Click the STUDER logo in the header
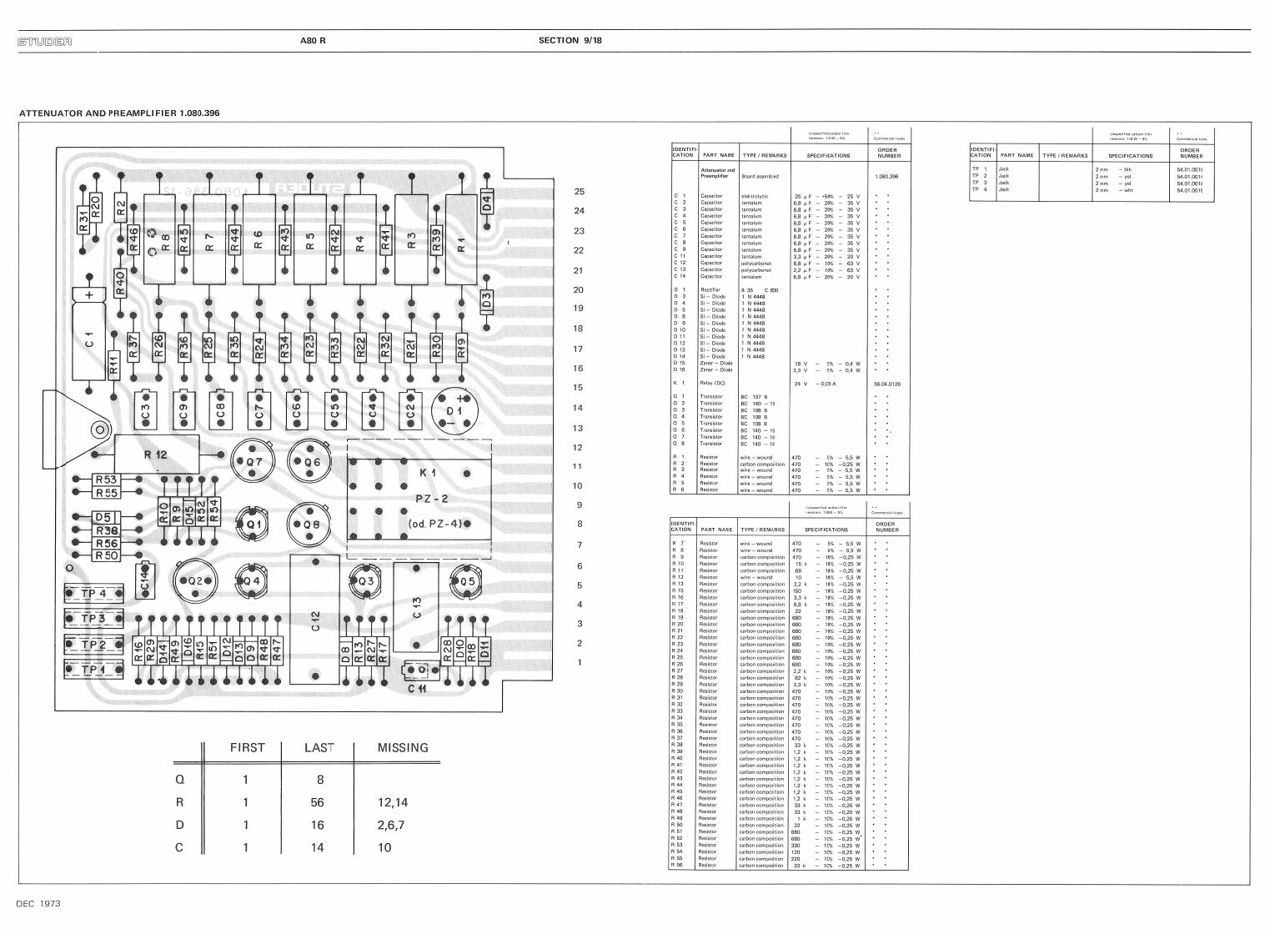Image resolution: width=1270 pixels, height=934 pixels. (x=44, y=40)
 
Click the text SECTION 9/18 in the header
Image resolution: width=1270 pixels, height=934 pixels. (x=570, y=40)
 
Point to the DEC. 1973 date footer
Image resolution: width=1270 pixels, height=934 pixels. (x=38, y=903)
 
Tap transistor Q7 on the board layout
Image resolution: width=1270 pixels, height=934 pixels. (x=253, y=462)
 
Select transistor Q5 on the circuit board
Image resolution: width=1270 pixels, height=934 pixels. (x=464, y=581)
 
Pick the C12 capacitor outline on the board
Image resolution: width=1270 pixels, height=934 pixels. (x=314, y=620)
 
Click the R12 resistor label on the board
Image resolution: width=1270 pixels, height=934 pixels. (x=156, y=454)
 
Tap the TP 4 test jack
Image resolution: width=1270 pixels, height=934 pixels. (x=94, y=594)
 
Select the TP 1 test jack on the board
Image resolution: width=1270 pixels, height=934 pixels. (x=94, y=669)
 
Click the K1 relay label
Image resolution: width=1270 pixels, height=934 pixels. (x=428, y=473)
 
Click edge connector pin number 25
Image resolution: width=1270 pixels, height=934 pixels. (x=580, y=191)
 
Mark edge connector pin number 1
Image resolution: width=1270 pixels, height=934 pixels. (x=580, y=663)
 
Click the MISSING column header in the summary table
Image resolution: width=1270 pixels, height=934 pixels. (x=403, y=748)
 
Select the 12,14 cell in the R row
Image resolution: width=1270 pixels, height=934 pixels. (x=393, y=803)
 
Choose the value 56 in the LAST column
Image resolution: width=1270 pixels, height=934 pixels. (x=317, y=803)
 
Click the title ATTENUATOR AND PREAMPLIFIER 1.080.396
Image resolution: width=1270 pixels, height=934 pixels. (x=118, y=113)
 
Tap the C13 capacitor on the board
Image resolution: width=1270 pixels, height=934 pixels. (x=416, y=608)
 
